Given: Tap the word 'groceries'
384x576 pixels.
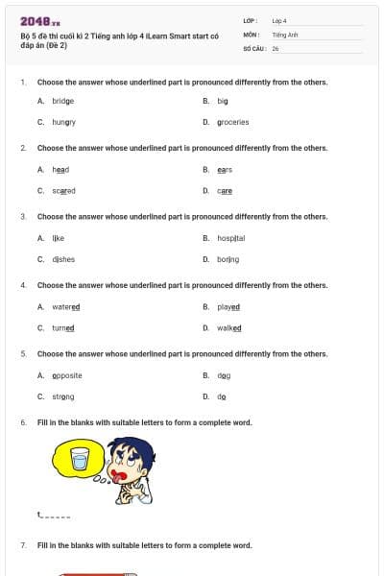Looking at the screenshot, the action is pyautogui.click(x=232, y=122).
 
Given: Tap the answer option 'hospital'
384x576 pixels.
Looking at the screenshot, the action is pyautogui.click(x=230, y=238).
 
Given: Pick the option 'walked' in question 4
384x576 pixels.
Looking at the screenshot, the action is pyautogui.click(x=229, y=328).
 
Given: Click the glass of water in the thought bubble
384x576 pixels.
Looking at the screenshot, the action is pyautogui.click(x=80, y=458).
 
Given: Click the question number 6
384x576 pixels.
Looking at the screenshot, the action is pyautogui.click(x=23, y=422).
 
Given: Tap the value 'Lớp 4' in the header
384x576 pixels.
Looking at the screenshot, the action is pyautogui.click(x=279, y=20).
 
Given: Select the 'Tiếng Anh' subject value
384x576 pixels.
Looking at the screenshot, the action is pyautogui.click(x=285, y=34).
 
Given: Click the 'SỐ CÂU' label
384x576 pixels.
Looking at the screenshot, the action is pyautogui.click(x=253, y=48).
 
